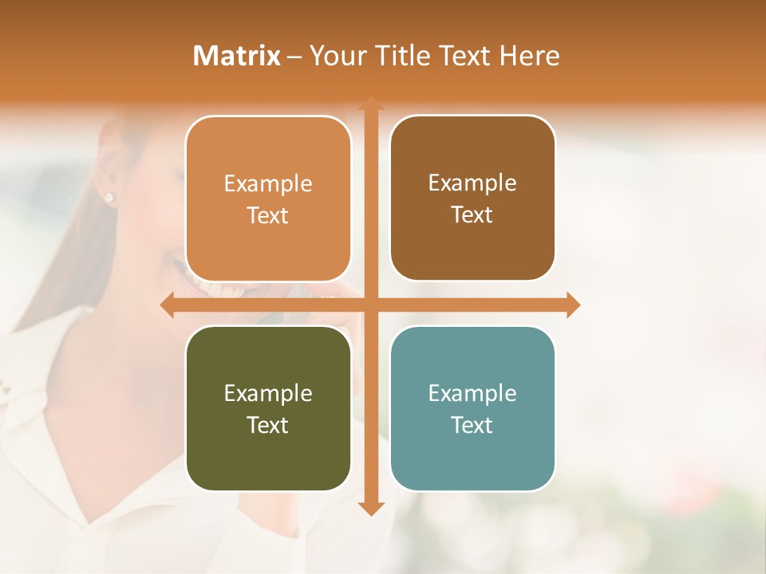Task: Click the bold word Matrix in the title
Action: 237,56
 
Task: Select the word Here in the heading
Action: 530,56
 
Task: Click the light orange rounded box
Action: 268,199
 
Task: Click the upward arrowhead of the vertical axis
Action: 370,104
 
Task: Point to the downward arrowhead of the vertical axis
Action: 370,509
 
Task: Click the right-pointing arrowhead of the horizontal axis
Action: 572,305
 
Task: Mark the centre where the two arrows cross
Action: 370,305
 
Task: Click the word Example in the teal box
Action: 472,393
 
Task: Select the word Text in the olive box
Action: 268,425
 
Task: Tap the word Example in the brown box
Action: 472,183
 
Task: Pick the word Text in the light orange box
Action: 268,215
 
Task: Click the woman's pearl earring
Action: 109,197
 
